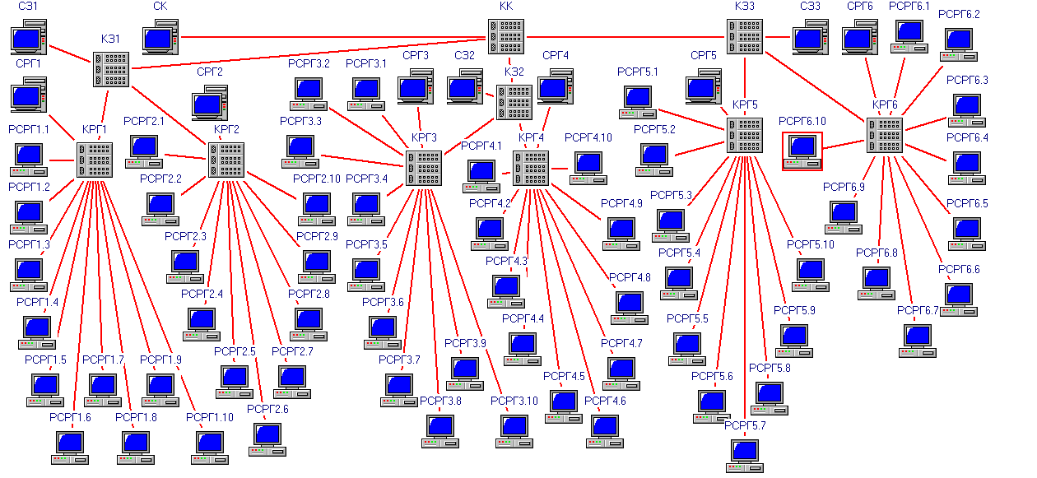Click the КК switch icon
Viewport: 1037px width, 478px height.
tap(506, 36)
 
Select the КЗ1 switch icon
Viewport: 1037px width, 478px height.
tap(111, 69)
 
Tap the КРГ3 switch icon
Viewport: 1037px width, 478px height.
tap(424, 169)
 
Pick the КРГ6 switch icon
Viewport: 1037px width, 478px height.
tap(885, 135)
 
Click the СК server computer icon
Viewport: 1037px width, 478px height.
tap(160, 37)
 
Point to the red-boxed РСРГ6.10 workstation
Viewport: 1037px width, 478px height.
tap(802, 151)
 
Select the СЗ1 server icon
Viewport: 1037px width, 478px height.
tap(29, 37)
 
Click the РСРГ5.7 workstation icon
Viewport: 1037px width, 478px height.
tap(744, 457)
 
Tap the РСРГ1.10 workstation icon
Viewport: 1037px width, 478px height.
tap(210, 448)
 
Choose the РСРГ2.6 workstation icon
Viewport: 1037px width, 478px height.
tap(267, 439)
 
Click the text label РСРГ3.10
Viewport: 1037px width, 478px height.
tap(514, 401)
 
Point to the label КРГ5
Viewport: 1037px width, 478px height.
tap(745, 105)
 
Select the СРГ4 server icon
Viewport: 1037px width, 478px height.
tap(556, 86)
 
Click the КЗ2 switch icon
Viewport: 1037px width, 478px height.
tap(514, 102)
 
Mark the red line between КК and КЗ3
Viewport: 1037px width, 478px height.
tap(625, 37)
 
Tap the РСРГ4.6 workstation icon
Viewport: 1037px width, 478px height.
tap(605, 431)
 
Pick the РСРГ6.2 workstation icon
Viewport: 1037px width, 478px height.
tap(958, 45)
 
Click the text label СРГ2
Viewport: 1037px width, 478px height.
tap(210, 72)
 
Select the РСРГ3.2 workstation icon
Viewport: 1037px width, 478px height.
tap(309, 95)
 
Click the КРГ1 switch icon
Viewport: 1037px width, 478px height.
tap(95, 160)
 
